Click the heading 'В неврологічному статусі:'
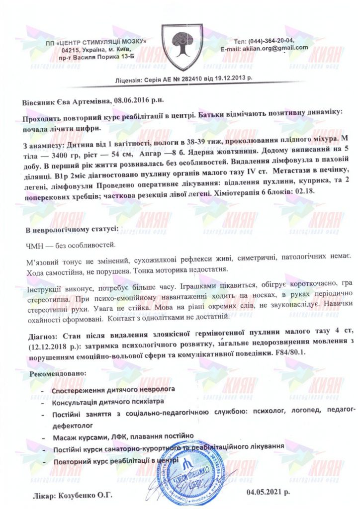tap(72, 230)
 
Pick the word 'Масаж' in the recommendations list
tap(65, 437)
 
